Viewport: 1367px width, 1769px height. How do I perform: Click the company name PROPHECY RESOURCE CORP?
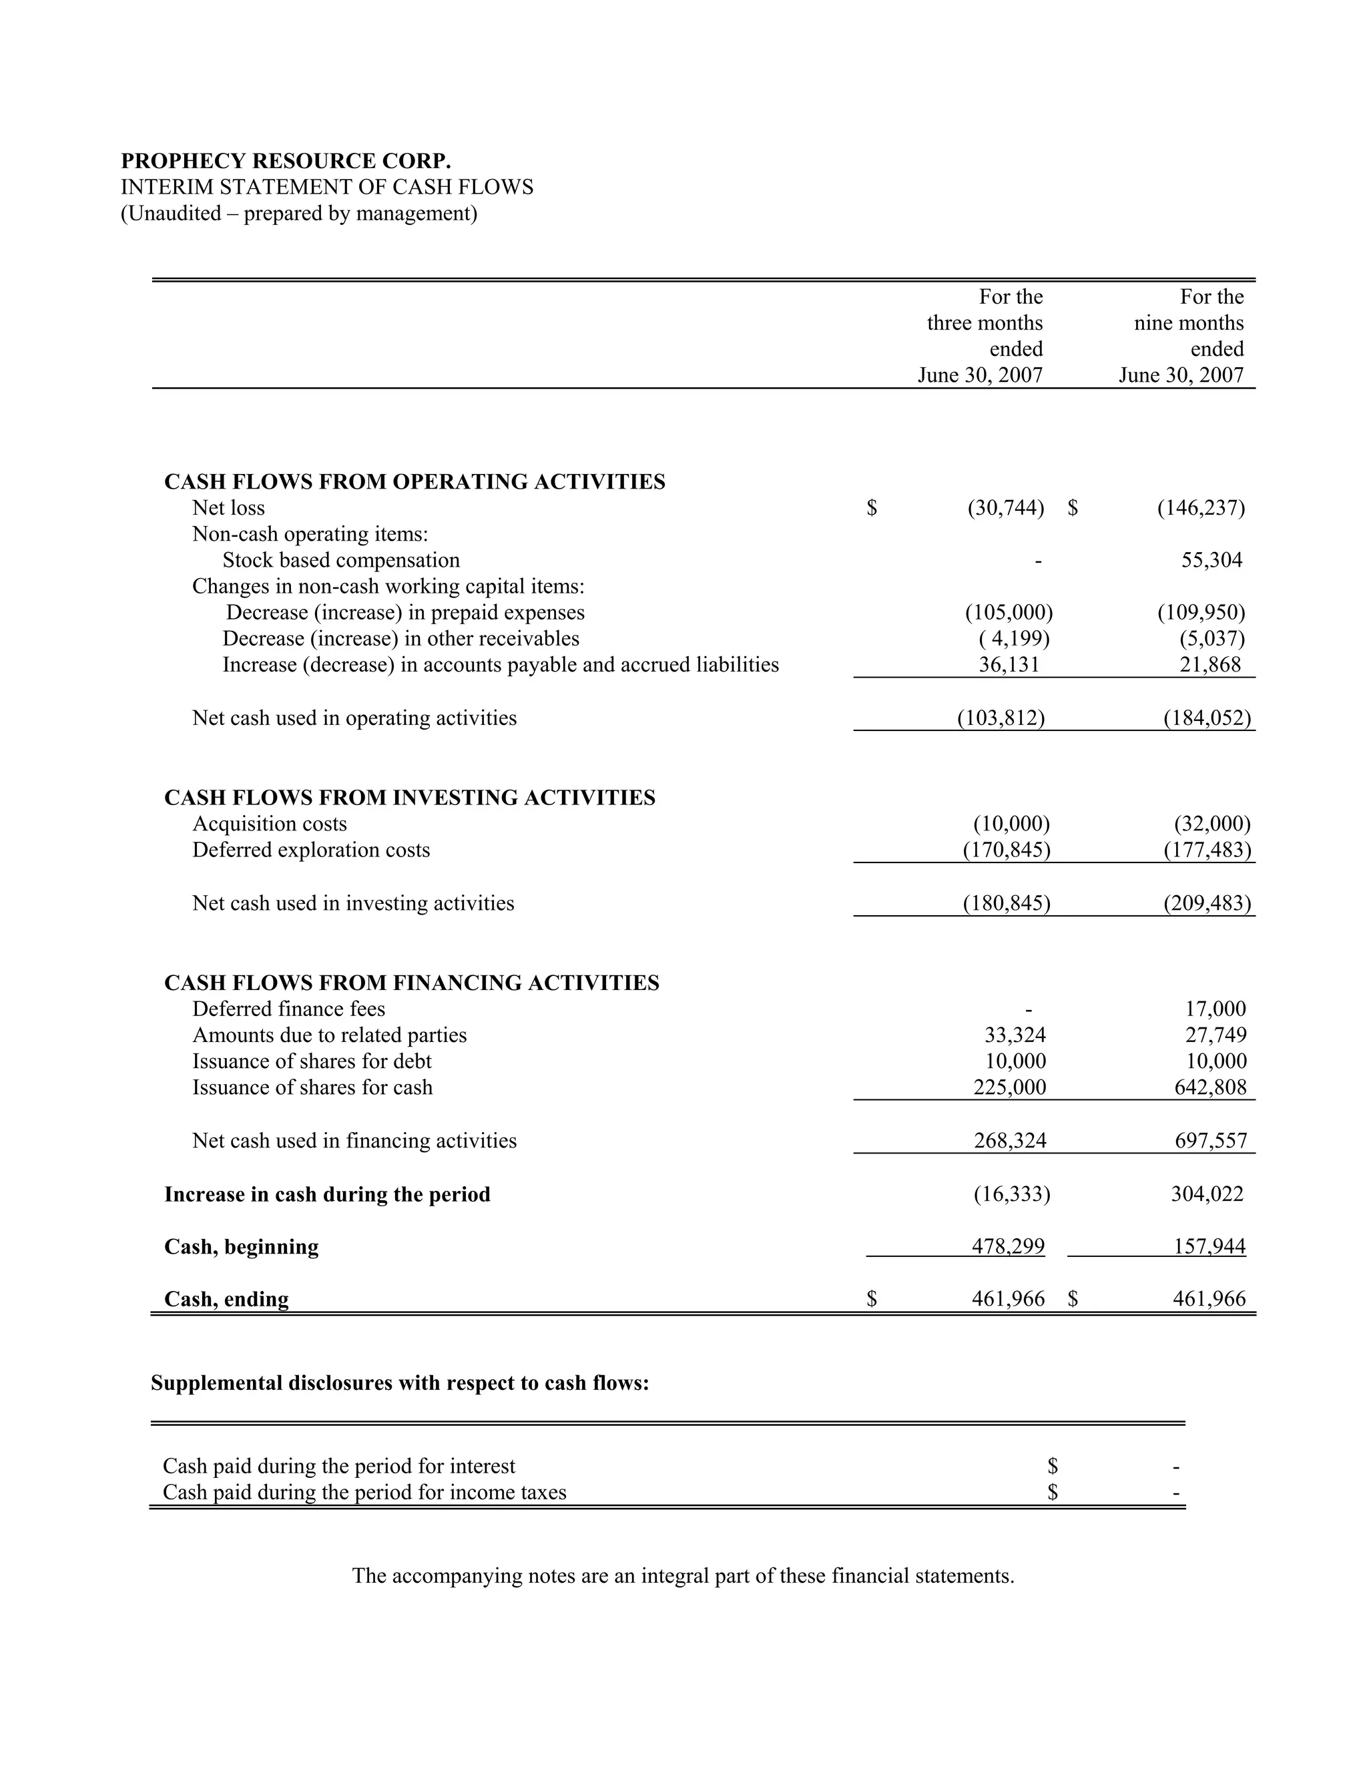coord(286,161)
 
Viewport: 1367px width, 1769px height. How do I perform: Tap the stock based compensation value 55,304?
coord(1211,561)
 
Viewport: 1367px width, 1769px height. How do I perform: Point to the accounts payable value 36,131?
coord(1009,665)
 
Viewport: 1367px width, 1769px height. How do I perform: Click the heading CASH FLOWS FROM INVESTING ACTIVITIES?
coord(410,798)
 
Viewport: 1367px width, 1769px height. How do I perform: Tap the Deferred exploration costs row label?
coord(311,850)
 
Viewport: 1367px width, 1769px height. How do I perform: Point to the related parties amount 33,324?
coord(1015,1035)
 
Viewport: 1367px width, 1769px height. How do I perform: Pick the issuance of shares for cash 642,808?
coord(1210,1088)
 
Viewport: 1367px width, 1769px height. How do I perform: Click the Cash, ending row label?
coord(227,1299)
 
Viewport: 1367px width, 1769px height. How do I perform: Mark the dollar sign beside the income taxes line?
coord(1052,1493)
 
